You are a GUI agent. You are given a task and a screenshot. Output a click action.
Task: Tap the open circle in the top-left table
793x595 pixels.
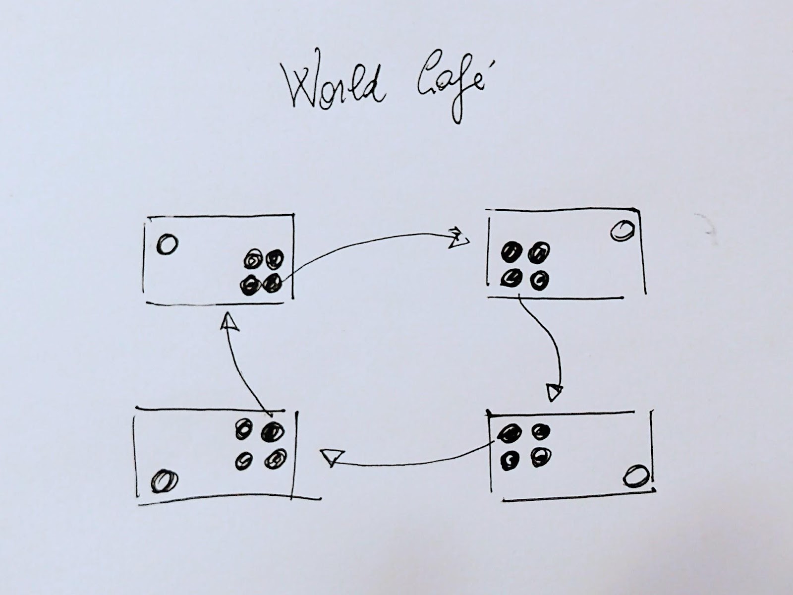tap(167, 244)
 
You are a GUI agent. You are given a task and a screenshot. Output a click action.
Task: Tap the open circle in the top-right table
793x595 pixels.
tap(623, 231)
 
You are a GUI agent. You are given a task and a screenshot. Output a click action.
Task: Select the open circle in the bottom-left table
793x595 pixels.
tap(165, 481)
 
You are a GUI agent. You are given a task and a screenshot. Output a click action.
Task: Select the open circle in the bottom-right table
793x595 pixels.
tap(636, 476)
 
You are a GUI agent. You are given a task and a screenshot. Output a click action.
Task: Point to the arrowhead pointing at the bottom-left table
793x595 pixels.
tap(331, 456)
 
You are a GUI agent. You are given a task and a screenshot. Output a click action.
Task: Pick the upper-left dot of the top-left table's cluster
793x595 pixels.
tap(253, 260)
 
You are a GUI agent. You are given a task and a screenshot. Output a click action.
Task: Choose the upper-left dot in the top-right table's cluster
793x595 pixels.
tap(510, 253)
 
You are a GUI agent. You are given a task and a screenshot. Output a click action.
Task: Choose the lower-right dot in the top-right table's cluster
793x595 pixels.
tap(539, 281)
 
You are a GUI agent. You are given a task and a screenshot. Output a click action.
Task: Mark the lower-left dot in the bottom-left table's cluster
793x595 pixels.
tap(243, 461)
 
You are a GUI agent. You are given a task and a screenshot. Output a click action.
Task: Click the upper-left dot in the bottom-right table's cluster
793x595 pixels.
tap(510, 434)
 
